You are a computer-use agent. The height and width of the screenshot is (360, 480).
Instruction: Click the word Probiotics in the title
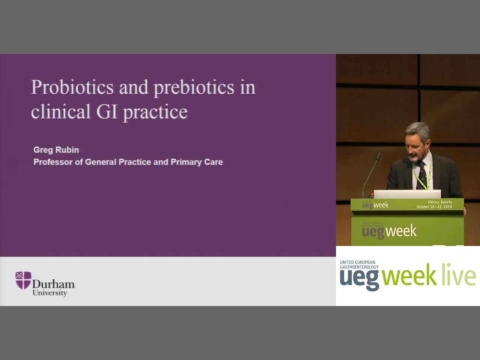pos(72,87)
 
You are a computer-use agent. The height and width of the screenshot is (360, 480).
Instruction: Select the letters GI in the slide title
pos(107,111)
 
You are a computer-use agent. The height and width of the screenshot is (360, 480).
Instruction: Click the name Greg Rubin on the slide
pos(56,150)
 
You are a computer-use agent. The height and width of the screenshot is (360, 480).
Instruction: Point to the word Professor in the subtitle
pos(53,162)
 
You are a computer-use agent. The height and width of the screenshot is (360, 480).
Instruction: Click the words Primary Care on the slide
pos(196,162)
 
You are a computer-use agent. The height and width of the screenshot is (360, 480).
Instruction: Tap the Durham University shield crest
pos(23,280)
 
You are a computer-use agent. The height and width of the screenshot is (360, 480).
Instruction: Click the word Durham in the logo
pos(54,284)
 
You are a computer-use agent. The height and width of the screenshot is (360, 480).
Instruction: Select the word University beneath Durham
pos(49,293)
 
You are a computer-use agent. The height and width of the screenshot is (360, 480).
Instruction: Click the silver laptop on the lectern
pos(407,194)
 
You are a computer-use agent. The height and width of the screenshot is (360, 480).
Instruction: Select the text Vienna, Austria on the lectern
pos(440,202)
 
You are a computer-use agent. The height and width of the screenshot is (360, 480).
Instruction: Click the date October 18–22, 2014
pos(434,207)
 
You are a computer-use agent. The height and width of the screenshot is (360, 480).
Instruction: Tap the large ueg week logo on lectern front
pos(389,231)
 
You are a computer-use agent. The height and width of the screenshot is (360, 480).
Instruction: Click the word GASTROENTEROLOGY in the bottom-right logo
pos(359,267)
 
